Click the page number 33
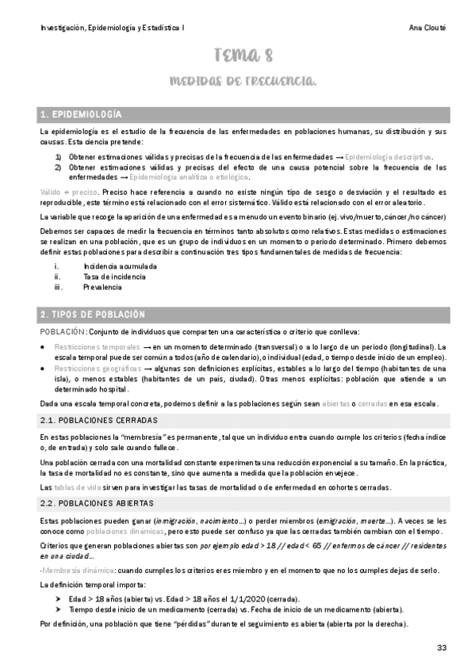click(442, 648)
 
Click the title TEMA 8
click(243, 55)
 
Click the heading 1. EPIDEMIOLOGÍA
click(81, 114)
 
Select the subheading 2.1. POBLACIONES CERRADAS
click(98, 419)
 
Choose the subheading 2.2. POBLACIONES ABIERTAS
click(97, 502)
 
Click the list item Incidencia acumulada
click(120, 266)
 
